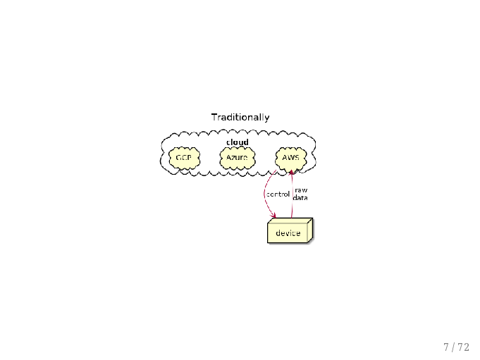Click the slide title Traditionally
tap(240, 118)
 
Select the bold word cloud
tap(238, 142)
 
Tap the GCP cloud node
tap(184, 158)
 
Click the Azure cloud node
tap(238, 158)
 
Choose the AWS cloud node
tap(291, 158)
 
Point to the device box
tap(290, 230)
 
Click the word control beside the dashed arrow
tap(278, 194)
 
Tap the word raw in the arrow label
tap(301, 190)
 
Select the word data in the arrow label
tap(300, 198)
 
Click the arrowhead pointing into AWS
tap(292, 173)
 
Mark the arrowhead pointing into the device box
tap(273, 216)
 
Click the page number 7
tap(446, 347)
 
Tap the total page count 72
tap(464, 347)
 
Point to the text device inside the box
tap(288, 233)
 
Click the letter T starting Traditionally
tap(214, 117)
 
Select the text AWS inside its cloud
tap(291, 158)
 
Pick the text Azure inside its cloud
tap(237, 158)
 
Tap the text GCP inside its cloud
tap(184, 158)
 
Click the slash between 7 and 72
tap(453, 347)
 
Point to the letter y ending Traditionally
tap(267, 118)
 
